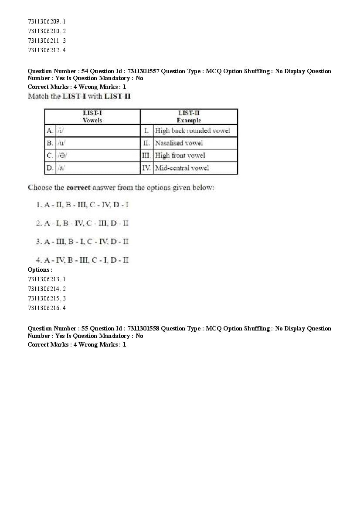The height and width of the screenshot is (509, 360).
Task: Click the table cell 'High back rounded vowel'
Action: (x=193, y=131)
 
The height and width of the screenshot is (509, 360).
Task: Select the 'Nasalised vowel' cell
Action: (x=179, y=143)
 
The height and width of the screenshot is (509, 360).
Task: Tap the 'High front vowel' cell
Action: (x=180, y=155)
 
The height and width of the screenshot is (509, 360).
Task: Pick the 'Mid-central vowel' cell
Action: (x=182, y=168)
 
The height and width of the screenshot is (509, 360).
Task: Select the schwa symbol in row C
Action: (x=62, y=155)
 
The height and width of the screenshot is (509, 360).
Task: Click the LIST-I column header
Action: (x=92, y=117)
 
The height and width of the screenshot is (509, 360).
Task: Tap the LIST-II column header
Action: (x=189, y=117)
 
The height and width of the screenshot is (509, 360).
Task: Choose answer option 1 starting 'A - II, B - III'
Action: (x=83, y=205)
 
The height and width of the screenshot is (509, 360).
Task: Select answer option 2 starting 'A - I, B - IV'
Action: (x=83, y=223)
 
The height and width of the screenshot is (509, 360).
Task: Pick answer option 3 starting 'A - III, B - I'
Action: (x=83, y=242)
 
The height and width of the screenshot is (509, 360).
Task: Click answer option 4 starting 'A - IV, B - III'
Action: (x=83, y=260)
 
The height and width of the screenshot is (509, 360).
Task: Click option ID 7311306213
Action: (x=47, y=279)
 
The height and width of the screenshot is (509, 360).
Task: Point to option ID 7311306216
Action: (x=47, y=308)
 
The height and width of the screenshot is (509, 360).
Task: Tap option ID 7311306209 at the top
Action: (x=47, y=21)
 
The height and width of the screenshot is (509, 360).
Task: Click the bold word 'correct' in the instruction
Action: (x=78, y=188)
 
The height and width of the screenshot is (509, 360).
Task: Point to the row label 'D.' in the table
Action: (x=50, y=168)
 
